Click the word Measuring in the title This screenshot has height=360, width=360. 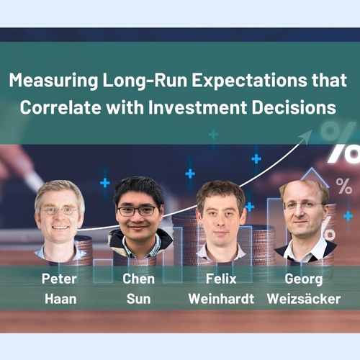[x=54, y=81]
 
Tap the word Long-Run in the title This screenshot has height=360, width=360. [x=145, y=81]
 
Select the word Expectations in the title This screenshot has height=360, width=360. [x=249, y=81]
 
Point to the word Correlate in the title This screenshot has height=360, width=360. [x=60, y=107]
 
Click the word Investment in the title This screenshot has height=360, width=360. [x=198, y=107]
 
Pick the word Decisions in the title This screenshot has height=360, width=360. [x=294, y=107]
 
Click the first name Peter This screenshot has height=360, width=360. [x=59, y=279]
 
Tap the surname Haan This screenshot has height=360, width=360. [x=60, y=299]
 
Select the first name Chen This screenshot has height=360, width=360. [x=138, y=279]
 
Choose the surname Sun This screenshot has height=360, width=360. [x=138, y=299]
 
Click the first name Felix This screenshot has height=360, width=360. [x=221, y=279]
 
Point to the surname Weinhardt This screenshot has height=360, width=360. [x=221, y=299]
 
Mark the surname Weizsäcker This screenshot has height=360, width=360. [x=304, y=299]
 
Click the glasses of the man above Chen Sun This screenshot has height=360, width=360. [x=138, y=211]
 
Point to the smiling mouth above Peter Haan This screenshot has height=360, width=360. [x=60, y=228]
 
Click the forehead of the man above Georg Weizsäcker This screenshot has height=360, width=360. [x=303, y=193]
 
